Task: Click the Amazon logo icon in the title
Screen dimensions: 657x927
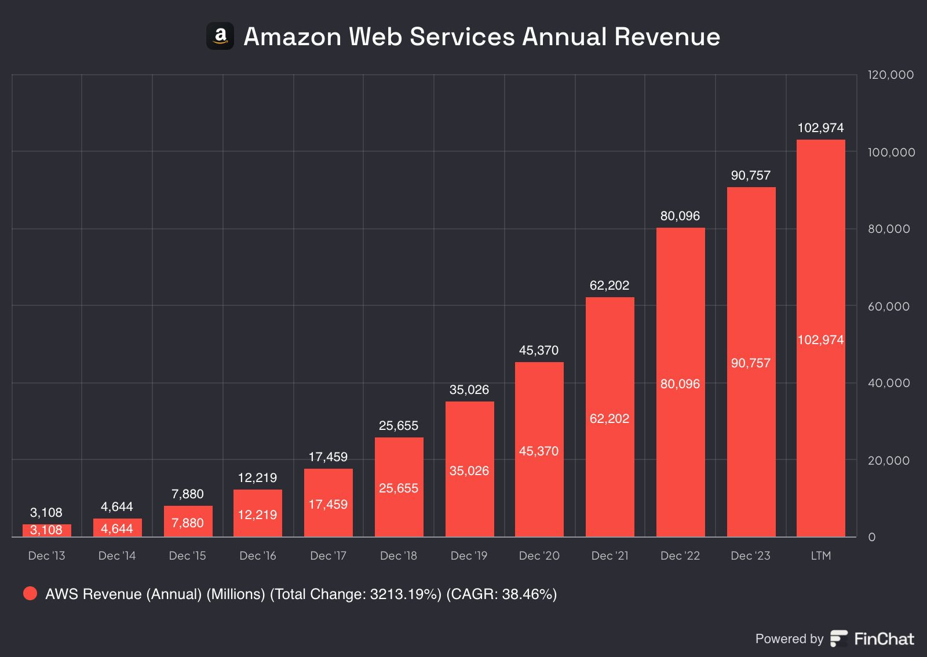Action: coord(220,36)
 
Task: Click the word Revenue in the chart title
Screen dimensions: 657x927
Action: coord(667,36)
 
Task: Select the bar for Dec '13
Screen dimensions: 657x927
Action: coord(47,530)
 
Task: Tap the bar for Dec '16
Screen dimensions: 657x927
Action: coord(258,513)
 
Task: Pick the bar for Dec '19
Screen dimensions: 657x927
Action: coord(469,469)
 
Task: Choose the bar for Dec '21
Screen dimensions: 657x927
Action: coord(610,417)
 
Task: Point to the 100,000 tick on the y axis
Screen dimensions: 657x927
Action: coord(891,152)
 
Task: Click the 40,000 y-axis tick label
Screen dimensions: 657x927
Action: coord(889,383)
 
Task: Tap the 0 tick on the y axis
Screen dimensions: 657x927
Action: coord(871,537)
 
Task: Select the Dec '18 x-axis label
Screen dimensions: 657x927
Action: coord(399,556)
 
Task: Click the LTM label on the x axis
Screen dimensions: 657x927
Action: coord(820,556)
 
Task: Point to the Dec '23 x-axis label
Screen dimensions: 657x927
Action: coord(750,556)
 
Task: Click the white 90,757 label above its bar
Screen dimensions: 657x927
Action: coord(750,175)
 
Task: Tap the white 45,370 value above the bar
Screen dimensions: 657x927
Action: coord(539,350)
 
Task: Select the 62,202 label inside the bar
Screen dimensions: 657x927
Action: coord(610,418)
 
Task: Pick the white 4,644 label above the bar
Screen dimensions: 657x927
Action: coord(117,506)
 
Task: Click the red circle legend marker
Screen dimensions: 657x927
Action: coord(30,593)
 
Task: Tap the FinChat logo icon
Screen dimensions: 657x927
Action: coord(839,638)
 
